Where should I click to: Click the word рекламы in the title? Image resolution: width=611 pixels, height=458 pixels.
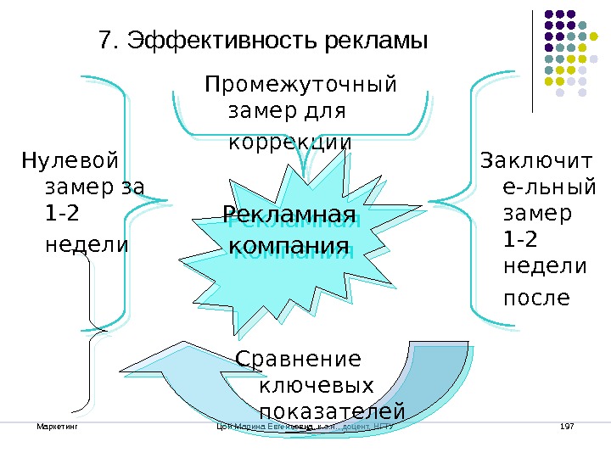pos(373,42)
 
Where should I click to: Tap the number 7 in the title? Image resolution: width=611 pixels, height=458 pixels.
pos(105,42)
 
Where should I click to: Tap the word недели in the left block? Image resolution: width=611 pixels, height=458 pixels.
pos(86,244)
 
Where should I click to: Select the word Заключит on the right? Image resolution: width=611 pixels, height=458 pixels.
pos(537,159)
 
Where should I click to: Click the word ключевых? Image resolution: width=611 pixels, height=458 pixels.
pos(315,386)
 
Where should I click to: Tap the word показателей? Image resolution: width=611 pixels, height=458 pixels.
pos(331,412)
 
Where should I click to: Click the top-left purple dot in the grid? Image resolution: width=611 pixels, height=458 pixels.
pos(549,14)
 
